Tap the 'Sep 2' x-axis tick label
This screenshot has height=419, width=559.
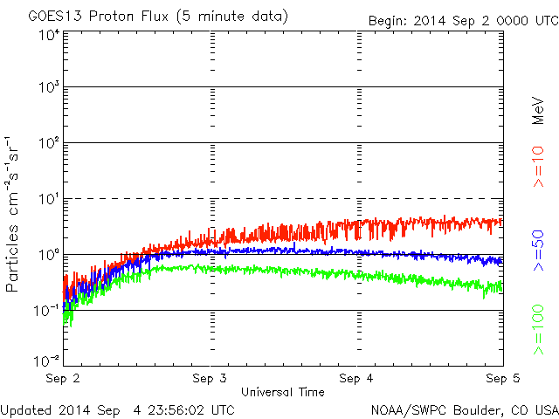pos(64,379)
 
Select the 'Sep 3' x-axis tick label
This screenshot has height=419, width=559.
pos(210,379)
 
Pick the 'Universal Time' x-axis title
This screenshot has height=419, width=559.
pos(282,392)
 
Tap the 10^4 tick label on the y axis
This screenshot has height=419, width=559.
pos(48,35)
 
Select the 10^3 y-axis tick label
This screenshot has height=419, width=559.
pos(48,87)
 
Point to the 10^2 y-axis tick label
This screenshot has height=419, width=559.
pos(48,142)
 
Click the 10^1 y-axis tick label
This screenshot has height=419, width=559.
pos(48,198)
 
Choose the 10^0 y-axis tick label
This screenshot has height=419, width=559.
pos(48,254)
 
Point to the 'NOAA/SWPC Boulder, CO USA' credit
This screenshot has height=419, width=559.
pos(464,409)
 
